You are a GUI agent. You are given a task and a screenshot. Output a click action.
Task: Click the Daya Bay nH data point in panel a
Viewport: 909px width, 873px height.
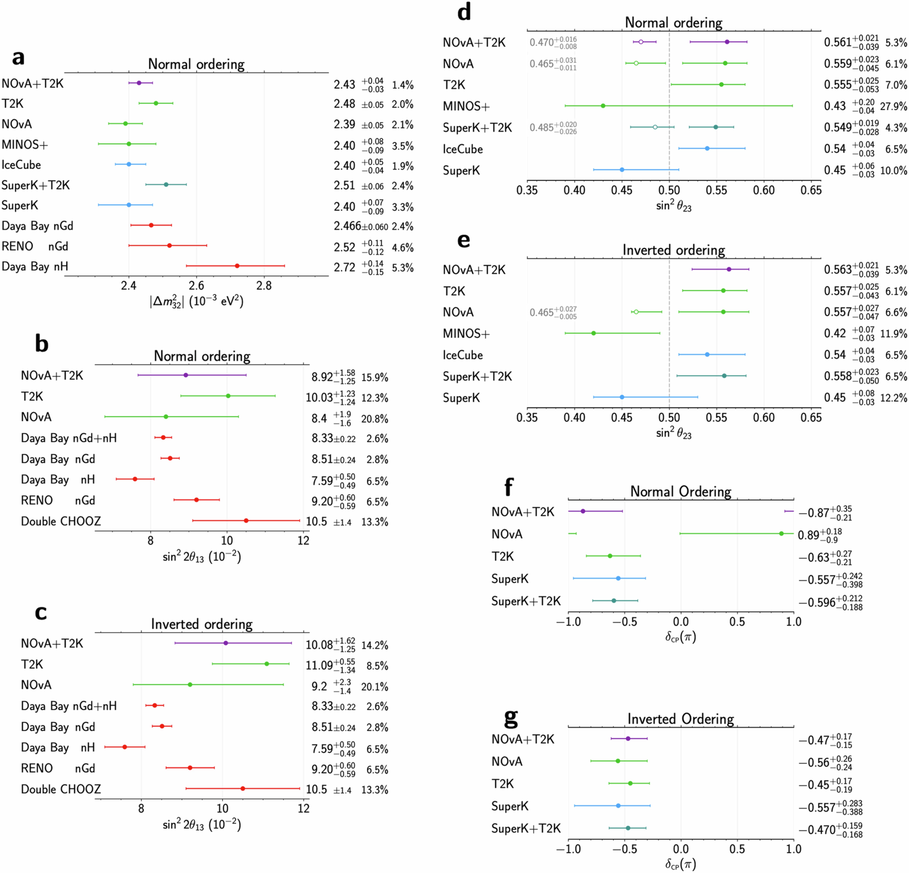pyautogui.click(x=237, y=266)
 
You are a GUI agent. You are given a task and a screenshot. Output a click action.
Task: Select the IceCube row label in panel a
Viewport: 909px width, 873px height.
pyautogui.click(x=21, y=165)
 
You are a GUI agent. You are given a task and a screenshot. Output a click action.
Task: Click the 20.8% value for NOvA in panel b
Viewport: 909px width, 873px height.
pyautogui.click(x=374, y=419)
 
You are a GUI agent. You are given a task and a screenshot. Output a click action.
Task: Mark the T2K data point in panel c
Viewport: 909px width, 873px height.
pyautogui.click(x=267, y=664)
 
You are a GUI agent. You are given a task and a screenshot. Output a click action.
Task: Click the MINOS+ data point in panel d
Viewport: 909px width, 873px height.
pyautogui.click(x=603, y=106)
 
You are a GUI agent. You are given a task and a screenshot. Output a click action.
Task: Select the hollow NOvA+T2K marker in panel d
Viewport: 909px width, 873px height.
pyautogui.click(x=641, y=42)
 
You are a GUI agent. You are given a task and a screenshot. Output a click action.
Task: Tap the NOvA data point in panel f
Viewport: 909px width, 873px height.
pyautogui.click(x=782, y=534)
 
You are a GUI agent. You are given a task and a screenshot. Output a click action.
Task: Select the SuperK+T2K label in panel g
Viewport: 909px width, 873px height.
pyautogui.click(x=526, y=828)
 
